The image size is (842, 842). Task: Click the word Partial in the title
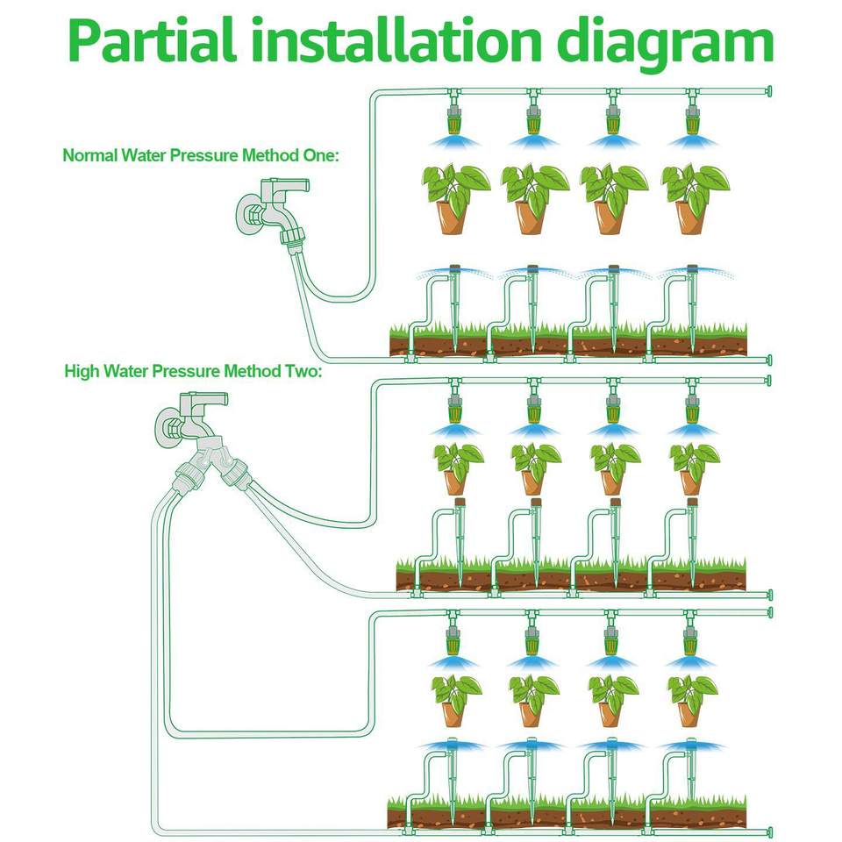pyautogui.click(x=152, y=41)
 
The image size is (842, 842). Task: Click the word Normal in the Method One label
pyautogui.click(x=89, y=155)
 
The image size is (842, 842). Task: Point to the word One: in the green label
pyautogui.click(x=321, y=155)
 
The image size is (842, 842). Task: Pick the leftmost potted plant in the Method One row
pyautogui.click(x=455, y=199)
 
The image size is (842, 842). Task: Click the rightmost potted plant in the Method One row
pyautogui.click(x=695, y=199)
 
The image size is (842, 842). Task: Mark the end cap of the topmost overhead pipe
pyautogui.click(x=769, y=91)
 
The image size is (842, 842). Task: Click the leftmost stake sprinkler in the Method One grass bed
pyautogui.click(x=455, y=309)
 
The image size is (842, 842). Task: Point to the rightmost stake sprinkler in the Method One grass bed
pyautogui.click(x=692, y=309)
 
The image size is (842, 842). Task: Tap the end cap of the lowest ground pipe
pyautogui.click(x=769, y=832)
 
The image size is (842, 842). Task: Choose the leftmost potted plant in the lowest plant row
pyautogui.click(x=456, y=701)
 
